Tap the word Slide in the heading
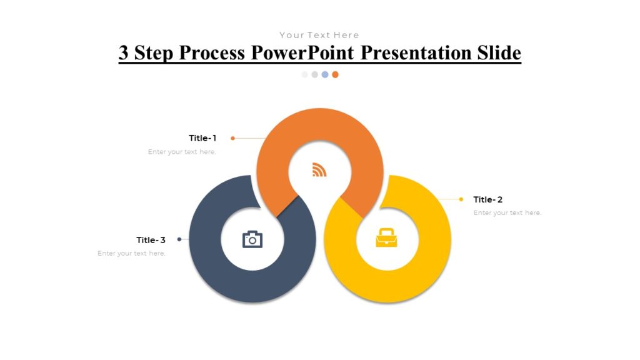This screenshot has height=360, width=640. pyautogui.click(x=497, y=53)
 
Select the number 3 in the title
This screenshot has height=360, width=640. pyautogui.click(x=124, y=53)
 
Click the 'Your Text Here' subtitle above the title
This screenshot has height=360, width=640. pyautogui.click(x=319, y=35)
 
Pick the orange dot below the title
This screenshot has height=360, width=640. pyautogui.click(x=335, y=74)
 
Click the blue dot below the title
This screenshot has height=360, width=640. pyautogui.click(x=325, y=74)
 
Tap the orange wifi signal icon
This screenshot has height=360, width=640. pyautogui.click(x=319, y=169)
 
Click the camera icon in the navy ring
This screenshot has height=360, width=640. pyautogui.click(x=252, y=239)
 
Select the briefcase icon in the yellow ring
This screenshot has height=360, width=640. pyautogui.click(x=386, y=238)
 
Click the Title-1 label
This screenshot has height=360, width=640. pyautogui.click(x=202, y=138)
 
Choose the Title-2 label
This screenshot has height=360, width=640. pyautogui.click(x=488, y=199)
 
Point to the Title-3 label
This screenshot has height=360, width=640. pyautogui.click(x=151, y=240)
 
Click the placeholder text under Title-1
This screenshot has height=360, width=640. pyautogui.click(x=182, y=152)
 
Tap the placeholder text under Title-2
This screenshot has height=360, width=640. pyautogui.click(x=507, y=213)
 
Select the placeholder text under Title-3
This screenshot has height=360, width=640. pyautogui.click(x=132, y=253)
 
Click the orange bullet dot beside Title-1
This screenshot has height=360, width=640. pyautogui.click(x=232, y=138)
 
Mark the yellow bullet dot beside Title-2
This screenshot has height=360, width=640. pyautogui.click(x=461, y=199)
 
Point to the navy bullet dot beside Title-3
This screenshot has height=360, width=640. pyautogui.click(x=179, y=239)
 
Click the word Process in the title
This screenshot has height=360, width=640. pyautogui.click(x=213, y=53)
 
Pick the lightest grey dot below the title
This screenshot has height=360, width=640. pyautogui.click(x=305, y=74)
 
